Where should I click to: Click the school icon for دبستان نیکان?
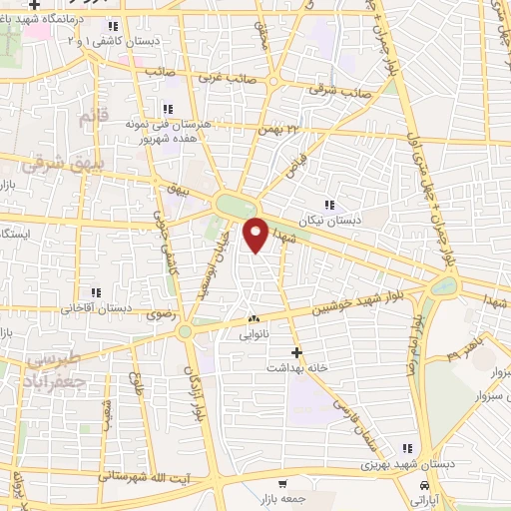(x=329, y=205)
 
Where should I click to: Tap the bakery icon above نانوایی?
(x=253, y=319)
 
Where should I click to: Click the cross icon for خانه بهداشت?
(x=296, y=351)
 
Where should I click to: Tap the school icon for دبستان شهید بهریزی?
(x=405, y=449)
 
